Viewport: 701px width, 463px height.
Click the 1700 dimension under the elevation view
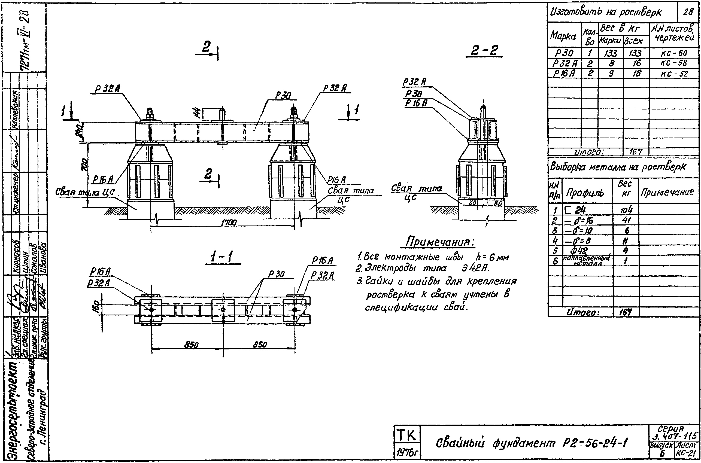[x=229, y=223]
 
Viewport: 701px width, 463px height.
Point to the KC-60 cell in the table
[x=674, y=53]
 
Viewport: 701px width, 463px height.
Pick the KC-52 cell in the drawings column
[x=674, y=74]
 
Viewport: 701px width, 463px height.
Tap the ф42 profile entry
[x=579, y=250]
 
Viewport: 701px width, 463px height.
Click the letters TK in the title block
[x=406, y=435]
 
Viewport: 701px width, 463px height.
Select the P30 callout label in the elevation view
[x=283, y=95]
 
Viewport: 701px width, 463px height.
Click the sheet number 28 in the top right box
[x=688, y=12]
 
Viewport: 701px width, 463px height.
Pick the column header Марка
[x=563, y=36]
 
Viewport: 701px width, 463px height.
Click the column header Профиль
[x=585, y=193]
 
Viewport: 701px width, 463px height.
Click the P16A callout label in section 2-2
[x=416, y=103]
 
